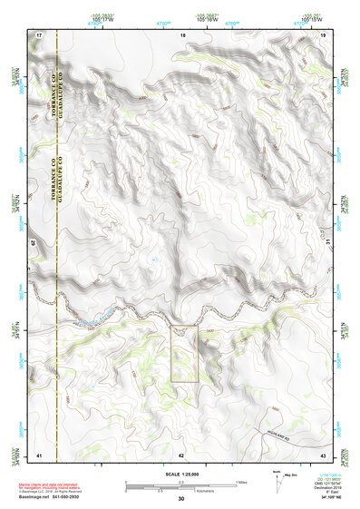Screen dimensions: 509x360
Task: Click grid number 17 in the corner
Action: pos(40,34)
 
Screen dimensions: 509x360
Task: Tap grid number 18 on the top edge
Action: pos(183,34)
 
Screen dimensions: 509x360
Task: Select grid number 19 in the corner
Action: pos(323,34)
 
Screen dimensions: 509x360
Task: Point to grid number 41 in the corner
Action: pos(39,455)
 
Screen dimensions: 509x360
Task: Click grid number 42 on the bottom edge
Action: pos(181,455)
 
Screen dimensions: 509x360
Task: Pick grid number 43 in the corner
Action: pos(323,455)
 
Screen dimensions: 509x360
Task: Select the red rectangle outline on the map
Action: pos(184,354)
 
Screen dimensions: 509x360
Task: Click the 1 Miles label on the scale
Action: pos(239,481)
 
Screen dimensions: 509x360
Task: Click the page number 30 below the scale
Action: pos(180,499)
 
